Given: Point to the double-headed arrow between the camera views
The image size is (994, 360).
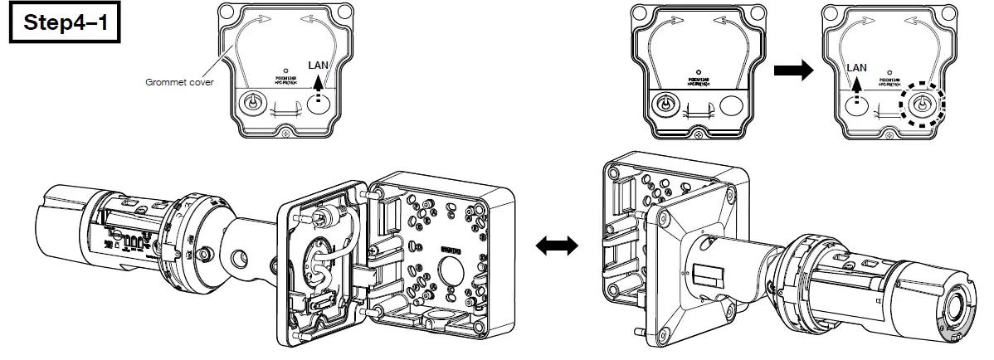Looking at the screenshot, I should click(556, 246).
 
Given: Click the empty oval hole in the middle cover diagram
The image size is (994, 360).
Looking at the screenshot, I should click(734, 106).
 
